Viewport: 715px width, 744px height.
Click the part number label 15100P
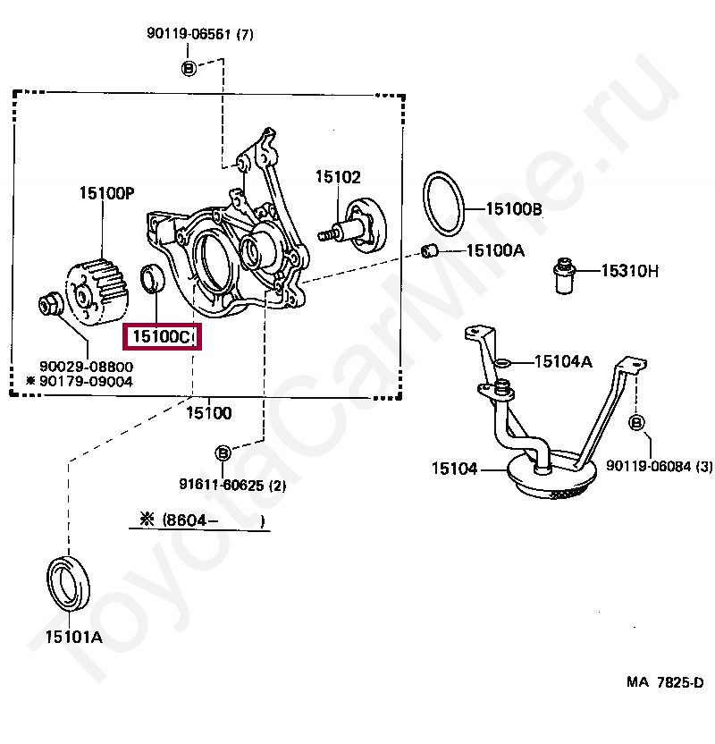point(105,192)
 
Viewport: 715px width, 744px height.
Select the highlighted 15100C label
point(162,337)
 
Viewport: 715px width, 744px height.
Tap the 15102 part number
point(337,177)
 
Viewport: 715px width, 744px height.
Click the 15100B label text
point(514,209)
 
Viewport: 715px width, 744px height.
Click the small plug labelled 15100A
point(428,249)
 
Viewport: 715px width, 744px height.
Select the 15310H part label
point(628,270)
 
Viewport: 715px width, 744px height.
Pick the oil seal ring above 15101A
point(68,586)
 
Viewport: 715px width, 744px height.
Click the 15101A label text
point(74,638)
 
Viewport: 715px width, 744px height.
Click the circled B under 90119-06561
point(189,68)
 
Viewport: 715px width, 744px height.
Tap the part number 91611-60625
point(220,486)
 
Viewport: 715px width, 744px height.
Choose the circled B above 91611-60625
point(223,452)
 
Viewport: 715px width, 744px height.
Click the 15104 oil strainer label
point(455,468)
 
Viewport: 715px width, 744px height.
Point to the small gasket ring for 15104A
point(503,362)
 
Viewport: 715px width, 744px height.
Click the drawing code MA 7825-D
point(664,682)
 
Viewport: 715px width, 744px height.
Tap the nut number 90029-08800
point(86,366)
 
